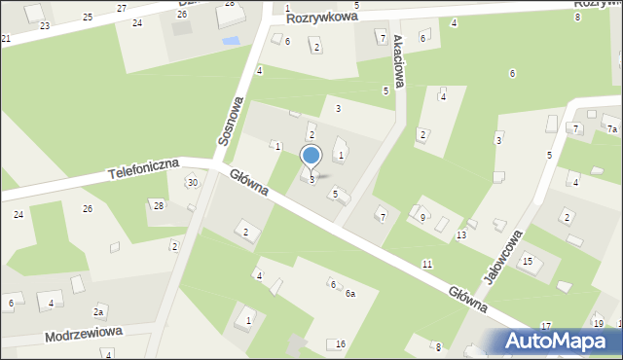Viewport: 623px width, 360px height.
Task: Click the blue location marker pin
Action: pos(311,156)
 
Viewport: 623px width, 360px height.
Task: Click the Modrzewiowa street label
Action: pos(83,334)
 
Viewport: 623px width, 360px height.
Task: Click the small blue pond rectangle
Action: pos(230,42)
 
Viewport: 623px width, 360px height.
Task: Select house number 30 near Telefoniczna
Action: pos(193,183)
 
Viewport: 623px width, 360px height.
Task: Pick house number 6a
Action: pos(349,293)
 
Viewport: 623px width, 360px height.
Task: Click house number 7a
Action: pos(612,129)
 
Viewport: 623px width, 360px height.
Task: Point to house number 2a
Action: pos(98,311)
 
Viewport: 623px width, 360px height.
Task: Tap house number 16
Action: pos(341,344)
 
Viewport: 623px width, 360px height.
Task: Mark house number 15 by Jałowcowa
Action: pos(527,261)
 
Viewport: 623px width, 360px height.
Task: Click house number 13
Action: pos(460,235)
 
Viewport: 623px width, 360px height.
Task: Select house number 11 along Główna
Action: pos(427,265)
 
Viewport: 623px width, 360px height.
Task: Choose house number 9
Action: pos(422,217)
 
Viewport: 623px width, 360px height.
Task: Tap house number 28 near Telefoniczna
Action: pos(159,204)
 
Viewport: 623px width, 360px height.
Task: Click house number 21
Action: pos(6,39)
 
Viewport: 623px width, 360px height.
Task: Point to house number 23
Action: pos(45,26)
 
